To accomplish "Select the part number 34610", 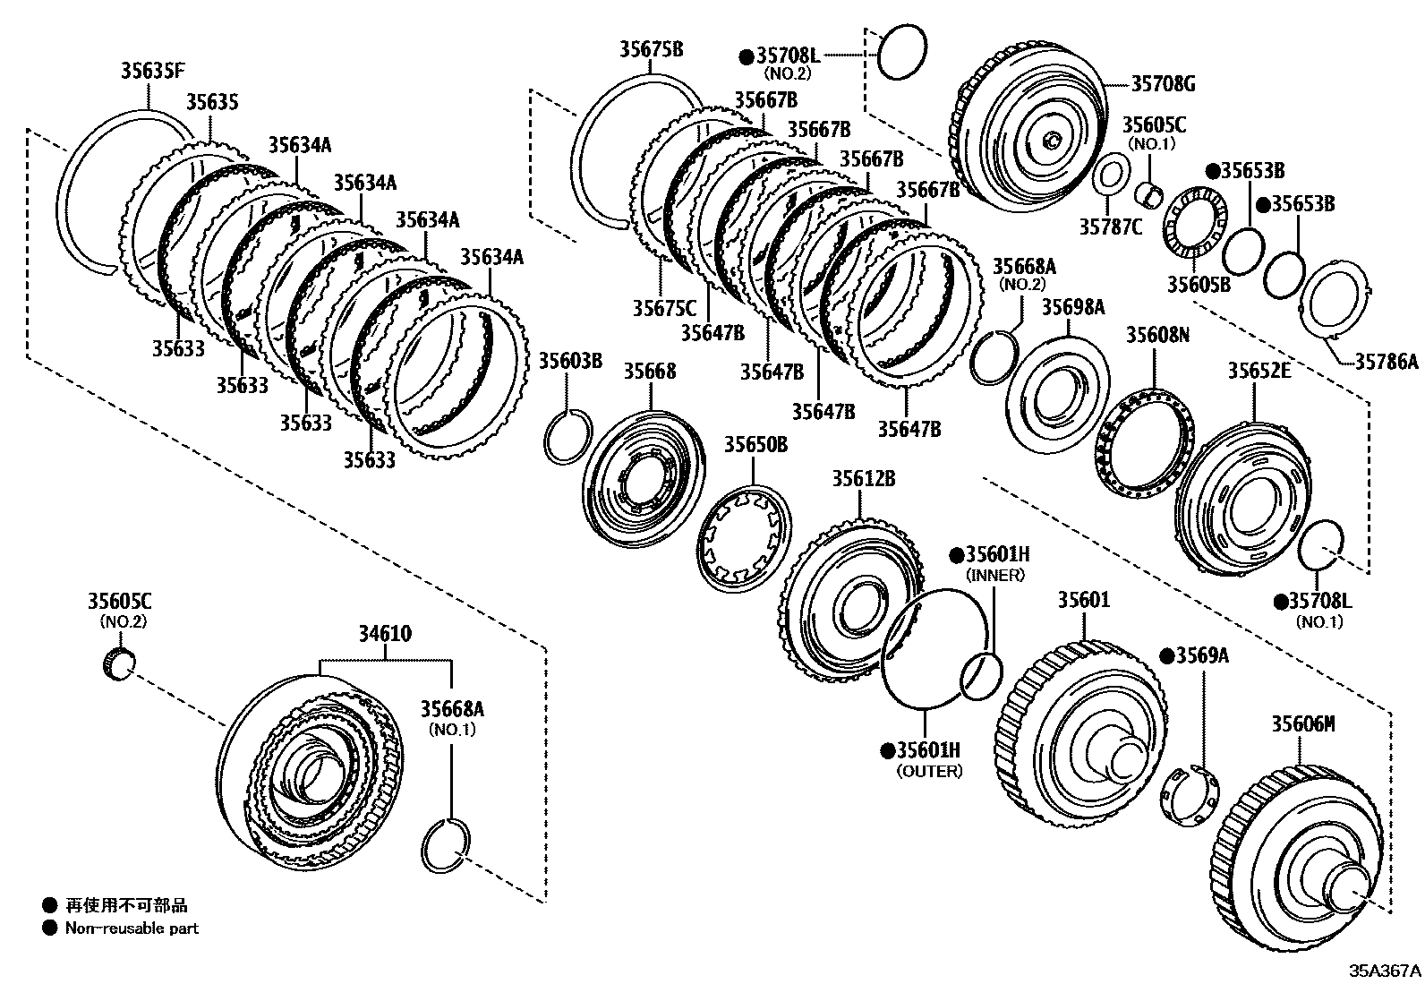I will [x=385, y=634].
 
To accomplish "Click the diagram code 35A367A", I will [x=1385, y=971].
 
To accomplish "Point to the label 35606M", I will [x=1302, y=723].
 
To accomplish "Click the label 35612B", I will [x=864, y=479].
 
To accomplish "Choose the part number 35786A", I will [x=1386, y=362].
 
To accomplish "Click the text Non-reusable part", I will [x=132, y=928].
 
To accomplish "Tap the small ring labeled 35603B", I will [x=567, y=436].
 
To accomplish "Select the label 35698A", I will [x=1072, y=308].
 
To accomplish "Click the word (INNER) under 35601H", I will [x=995, y=576].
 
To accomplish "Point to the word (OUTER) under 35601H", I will [x=929, y=771].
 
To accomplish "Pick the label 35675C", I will [x=664, y=309].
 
